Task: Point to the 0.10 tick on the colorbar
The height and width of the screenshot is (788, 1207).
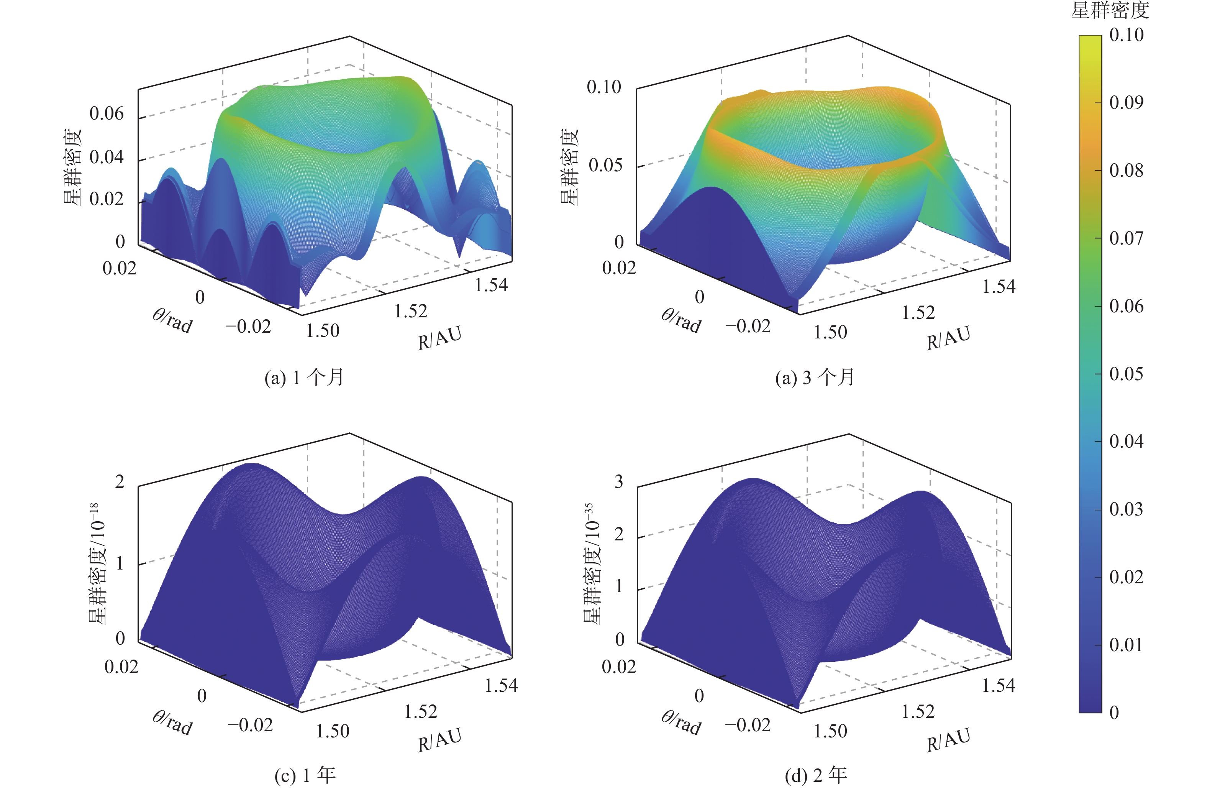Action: pyautogui.click(x=1127, y=35)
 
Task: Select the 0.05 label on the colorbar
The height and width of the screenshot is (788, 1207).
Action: pyautogui.click(x=1127, y=374)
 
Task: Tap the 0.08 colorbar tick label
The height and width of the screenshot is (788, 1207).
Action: pyautogui.click(x=1127, y=171)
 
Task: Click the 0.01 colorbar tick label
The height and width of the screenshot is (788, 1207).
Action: pyautogui.click(x=1127, y=645)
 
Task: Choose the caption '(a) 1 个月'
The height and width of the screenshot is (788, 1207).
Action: pyautogui.click(x=304, y=378)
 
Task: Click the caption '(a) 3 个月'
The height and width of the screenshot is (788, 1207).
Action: pyautogui.click(x=815, y=378)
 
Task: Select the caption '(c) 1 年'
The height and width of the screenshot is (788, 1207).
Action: pyautogui.click(x=305, y=775)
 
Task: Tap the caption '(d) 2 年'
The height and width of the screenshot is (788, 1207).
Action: pyautogui.click(x=815, y=775)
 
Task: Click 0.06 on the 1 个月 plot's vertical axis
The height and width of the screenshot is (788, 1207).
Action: pyautogui.click(x=107, y=114)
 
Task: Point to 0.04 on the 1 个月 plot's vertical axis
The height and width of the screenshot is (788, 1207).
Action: pyautogui.click(x=107, y=157)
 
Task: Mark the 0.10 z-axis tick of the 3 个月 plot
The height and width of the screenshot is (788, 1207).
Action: pyautogui.click(x=603, y=87)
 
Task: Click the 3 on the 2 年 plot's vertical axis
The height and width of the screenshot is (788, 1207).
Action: pyautogui.click(x=619, y=481)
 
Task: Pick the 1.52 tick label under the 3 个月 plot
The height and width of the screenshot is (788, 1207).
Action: pyautogui.click(x=918, y=313)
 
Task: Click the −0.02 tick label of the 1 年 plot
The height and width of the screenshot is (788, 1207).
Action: pyautogui.click(x=250, y=725)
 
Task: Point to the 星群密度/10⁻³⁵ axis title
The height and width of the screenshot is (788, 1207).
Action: pyautogui.click(x=592, y=563)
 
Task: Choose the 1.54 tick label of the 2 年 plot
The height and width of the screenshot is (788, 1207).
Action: pyautogui.click(x=998, y=686)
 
